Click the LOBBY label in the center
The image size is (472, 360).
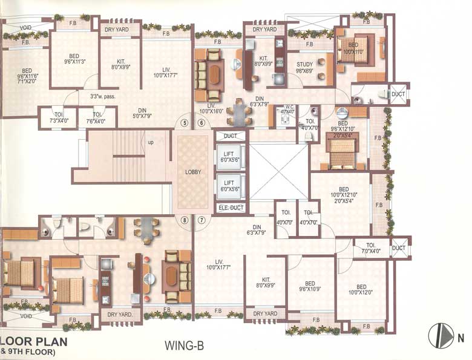[x=194, y=172]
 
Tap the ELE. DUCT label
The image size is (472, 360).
[x=230, y=208]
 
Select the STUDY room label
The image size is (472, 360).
[x=304, y=67]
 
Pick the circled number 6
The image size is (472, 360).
[x=201, y=123]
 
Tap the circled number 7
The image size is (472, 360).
[x=201, y=220]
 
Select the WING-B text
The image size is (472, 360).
[x=183, y=346]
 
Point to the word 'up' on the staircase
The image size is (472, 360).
[x=149, y=142]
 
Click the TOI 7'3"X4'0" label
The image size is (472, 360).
[x=59, y=117]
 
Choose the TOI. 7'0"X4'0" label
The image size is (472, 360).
[x=372, y=248]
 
